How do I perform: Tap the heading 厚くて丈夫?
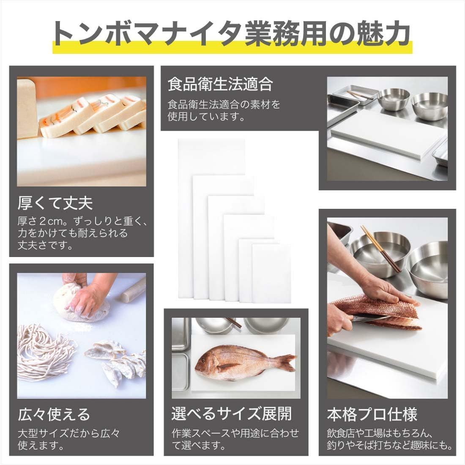[x=55, y=204]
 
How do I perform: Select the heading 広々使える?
[x=54, y=414]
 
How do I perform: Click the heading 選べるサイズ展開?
[x=231, y=414]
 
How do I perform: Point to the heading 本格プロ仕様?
[x=372, y=414]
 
